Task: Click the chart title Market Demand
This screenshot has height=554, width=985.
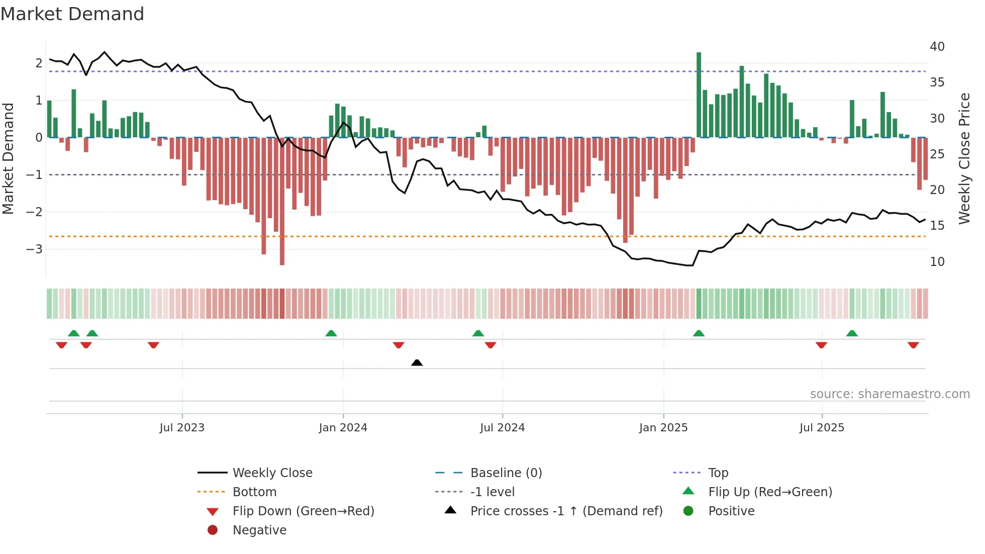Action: (72, 14)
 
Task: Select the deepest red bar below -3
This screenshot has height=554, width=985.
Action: (282, 201)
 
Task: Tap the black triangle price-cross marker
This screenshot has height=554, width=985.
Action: (417, 362)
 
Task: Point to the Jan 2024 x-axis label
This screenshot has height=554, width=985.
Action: (343, 428)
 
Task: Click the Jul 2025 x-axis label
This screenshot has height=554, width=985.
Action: (822, 428)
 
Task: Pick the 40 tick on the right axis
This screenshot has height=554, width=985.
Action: (937, 47)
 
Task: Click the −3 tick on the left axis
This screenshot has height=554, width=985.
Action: (34, 249)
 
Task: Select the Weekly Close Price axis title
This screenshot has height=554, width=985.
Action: (964, 158)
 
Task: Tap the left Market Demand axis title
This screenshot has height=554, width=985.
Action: (8, 158)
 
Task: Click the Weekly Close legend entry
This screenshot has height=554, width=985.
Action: (272, 473)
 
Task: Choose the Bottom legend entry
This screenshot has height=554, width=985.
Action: (254, 492)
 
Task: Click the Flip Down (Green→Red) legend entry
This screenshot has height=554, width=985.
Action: (303, 511)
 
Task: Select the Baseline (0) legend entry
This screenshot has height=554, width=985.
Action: (506, 473)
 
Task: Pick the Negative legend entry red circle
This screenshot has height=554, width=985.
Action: (213, 530)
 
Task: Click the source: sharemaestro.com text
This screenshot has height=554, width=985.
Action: (890, 394)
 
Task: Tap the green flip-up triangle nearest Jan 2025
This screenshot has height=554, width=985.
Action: (699, 333)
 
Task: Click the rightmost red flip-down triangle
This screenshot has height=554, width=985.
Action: (913, 345)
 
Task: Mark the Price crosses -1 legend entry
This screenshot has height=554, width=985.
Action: (566, 511)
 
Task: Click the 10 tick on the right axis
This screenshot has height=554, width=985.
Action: (937, 262)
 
